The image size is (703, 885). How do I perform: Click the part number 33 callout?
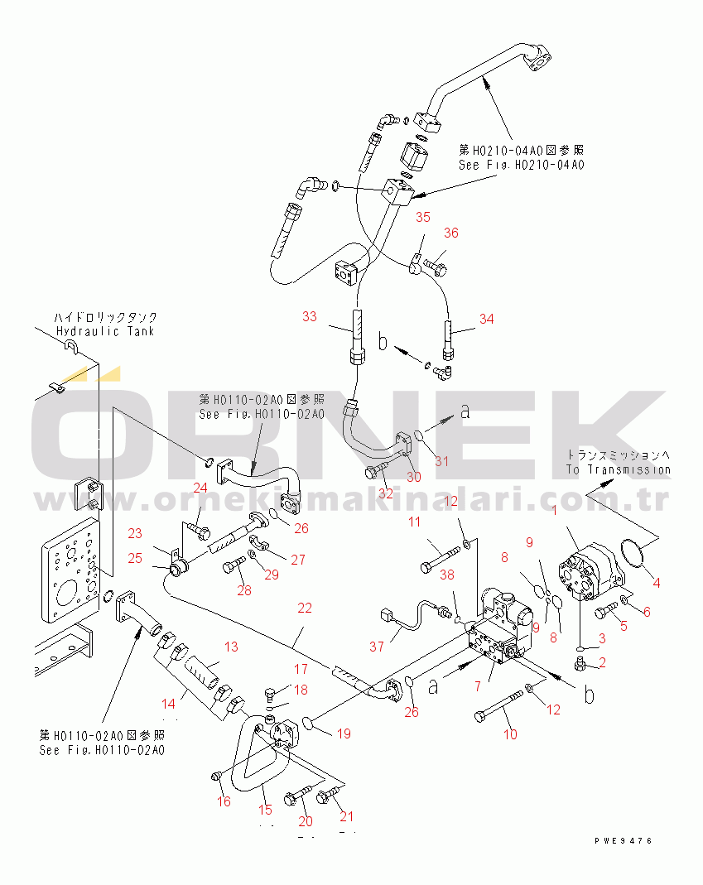tap(309, 316)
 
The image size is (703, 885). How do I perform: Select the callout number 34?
tap(486, 318)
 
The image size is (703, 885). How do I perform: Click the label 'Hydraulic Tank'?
tap(106, 331)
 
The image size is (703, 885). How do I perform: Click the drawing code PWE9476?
tap(623, 840)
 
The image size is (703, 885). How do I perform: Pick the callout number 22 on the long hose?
tap(305, 608)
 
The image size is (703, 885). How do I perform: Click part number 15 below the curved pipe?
tap(265, 809)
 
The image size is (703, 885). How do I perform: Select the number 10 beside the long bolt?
tap(510, 733)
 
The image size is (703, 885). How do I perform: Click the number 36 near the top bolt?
tap(450, 233)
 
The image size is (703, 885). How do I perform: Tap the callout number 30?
tap(412, 477)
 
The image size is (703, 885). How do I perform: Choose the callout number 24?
tap(200, 487)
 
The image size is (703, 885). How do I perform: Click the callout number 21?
tap(346, 817)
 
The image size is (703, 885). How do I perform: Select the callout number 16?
tap(224, 801)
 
